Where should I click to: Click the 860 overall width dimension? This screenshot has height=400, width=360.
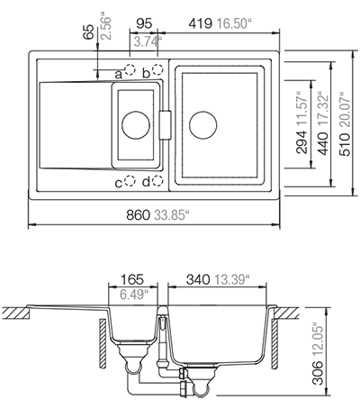pyautogui.click(x=138, y=215)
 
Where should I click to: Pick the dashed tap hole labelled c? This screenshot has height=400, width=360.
pyautogui.click(x=130, y=181)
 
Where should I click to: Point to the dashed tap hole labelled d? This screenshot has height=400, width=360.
pyautogui.click(x=157, y=181)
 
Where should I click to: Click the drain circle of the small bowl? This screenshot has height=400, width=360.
pyautogui.click(x=136, y=125)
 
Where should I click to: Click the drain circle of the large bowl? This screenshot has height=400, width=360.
pyautogui.click(x=203, y=125)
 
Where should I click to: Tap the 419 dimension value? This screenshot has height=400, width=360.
pyautogui.click(x=201, y=23)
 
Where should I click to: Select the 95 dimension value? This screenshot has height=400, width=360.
pyautogui.click(x=144, y=23)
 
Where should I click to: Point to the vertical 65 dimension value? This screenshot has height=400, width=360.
pyautogui.click(x=89, y=32)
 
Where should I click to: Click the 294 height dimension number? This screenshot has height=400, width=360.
pyautogui.click(x=301, y=142)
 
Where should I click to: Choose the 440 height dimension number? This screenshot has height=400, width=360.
pyautogui.click(x=323, y=144)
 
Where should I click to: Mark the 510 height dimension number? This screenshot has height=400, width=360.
pyautogui.click(x=345, y=145)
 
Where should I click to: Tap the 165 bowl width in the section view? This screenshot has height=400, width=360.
pyautogui.click(x=132, y=279)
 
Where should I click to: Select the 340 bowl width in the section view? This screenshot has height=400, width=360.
pyautogui.click(x=198, y=279)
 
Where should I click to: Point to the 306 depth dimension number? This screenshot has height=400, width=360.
pyautogui.click(x=318, y=373)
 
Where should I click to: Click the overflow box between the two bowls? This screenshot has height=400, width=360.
pyautogui.click(x=165, y=125)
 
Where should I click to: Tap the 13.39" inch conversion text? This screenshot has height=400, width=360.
pyautogui.click(x=232, y=279)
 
